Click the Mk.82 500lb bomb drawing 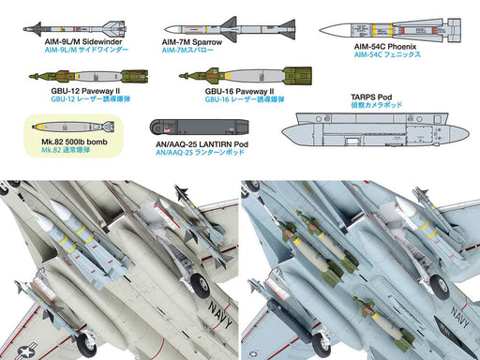coord(72,127)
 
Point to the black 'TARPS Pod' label coord(369,96)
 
